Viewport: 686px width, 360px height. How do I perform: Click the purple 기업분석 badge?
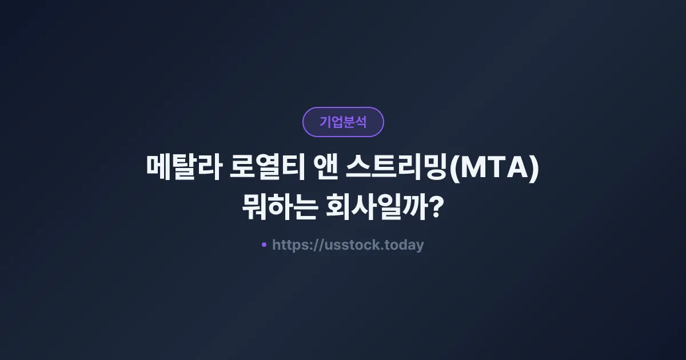[x=343, y=122]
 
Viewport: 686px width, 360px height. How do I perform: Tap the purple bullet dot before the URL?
[x=264, y=245]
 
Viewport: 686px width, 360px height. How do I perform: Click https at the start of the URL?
[x=289, y=246]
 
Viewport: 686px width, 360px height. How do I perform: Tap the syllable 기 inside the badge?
[x=325, y=122]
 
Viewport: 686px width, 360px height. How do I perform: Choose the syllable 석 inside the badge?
[x=361, y=122]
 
